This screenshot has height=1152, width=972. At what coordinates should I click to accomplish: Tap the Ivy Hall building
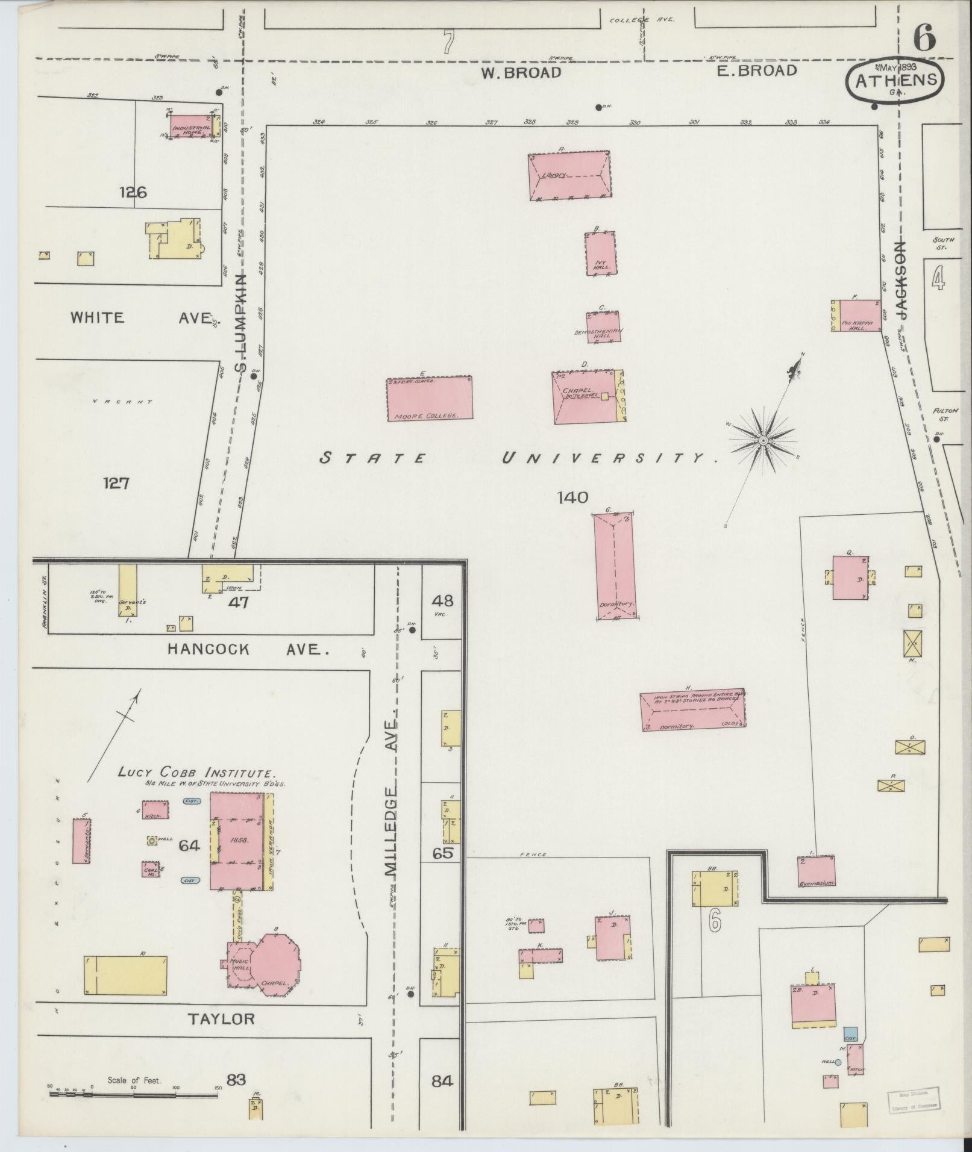(600, 254)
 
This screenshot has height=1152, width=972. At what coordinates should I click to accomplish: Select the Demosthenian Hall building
(603, 326)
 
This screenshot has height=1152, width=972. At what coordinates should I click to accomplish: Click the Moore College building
(428, 398)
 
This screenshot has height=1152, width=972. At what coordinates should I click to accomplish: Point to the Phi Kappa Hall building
(856, 316)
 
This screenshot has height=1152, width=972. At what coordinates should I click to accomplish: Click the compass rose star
(763, 441)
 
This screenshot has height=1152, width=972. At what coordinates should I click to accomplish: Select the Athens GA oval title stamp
(895, 81)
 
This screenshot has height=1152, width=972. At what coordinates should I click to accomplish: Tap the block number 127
(116, 483)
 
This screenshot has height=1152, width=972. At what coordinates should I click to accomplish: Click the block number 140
(572, 497)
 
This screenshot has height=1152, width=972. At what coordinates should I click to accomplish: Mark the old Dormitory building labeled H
(692, 711)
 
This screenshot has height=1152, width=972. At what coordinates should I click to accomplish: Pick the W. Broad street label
(521, 73)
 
